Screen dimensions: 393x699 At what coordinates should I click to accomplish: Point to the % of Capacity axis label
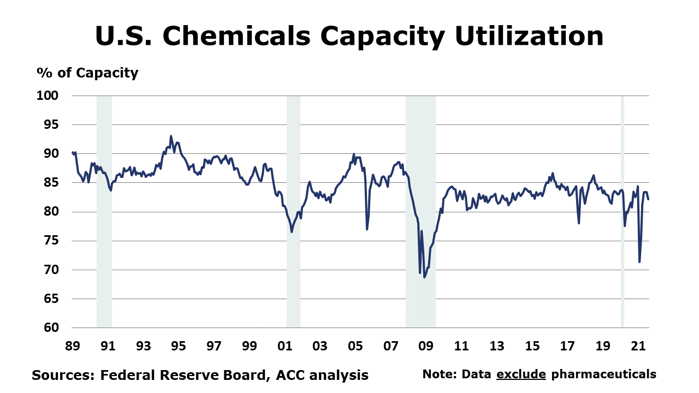point(87,73)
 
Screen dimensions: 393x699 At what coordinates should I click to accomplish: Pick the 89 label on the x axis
point(72,346)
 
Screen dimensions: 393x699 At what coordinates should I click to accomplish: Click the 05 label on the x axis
point(355,346)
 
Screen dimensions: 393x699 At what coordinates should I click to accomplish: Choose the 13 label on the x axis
point(496,346)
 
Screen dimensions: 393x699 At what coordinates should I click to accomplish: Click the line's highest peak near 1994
point(171,136)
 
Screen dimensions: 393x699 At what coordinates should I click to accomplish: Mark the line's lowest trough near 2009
point(424,277)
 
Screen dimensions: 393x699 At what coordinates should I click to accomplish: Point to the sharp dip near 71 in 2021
point(639,261)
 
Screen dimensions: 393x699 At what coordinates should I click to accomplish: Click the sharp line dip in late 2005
point(367,229)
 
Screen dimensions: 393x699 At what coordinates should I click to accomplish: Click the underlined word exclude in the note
point(521,374)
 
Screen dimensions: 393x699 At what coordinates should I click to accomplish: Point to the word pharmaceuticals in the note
point(603,374)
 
